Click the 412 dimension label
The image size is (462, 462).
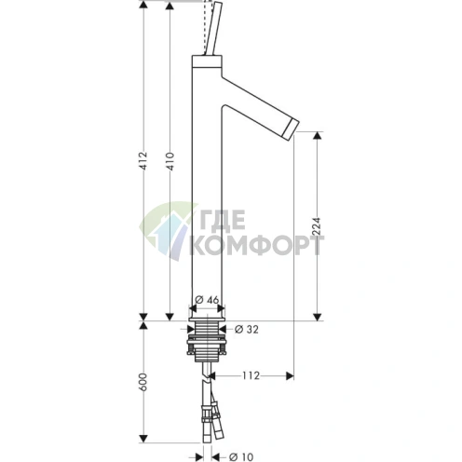pyautogui.click(x=143, y=161)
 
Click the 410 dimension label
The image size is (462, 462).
pyautogui.click(x=170, y=161)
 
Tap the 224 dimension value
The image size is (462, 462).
pyautogui.click(x=317, y=226)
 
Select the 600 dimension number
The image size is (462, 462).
pyautogui.click(x=143, y=382)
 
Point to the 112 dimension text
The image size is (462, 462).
pyautogui.click(x=251, y=375)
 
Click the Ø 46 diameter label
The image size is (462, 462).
pyautogui.click(x=207, y=300)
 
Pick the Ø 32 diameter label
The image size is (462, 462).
pyautogui.click(x=247, y=329)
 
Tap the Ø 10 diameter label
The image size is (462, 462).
pyautogui.click(x=241, y=456)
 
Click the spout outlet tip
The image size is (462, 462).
pyautogui.click(x=292, y=130)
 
